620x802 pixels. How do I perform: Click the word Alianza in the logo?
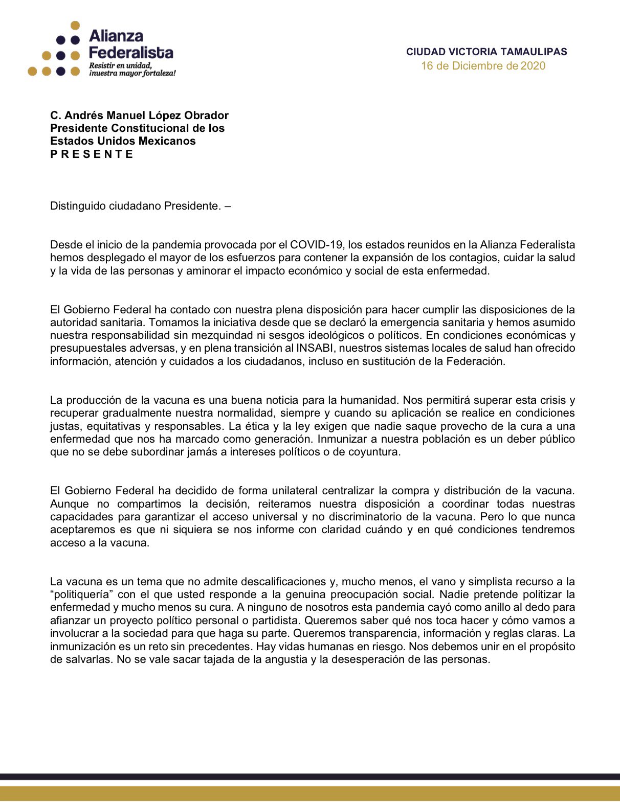pyautogui.click(x=116, y=36)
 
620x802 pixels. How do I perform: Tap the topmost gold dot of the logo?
pyautogui.click(x=75, y=25)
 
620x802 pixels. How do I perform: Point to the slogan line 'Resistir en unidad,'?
pyautogui.click(x=121, y=65)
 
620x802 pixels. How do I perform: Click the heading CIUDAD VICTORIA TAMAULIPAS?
pyautogui.click(x=486, y=52)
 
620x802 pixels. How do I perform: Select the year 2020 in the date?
pyautogui.click(x=533, y=66)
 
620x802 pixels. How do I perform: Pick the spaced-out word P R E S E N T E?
pyautogui.click(x=92, y=154)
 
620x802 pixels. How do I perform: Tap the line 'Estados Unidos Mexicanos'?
pyautogui.click(x=123, y=141)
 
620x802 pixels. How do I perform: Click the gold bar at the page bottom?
pyautogui.click(x=310, y=793)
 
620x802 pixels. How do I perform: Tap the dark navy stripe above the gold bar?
pyautogui.click(x=310, y=776)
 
